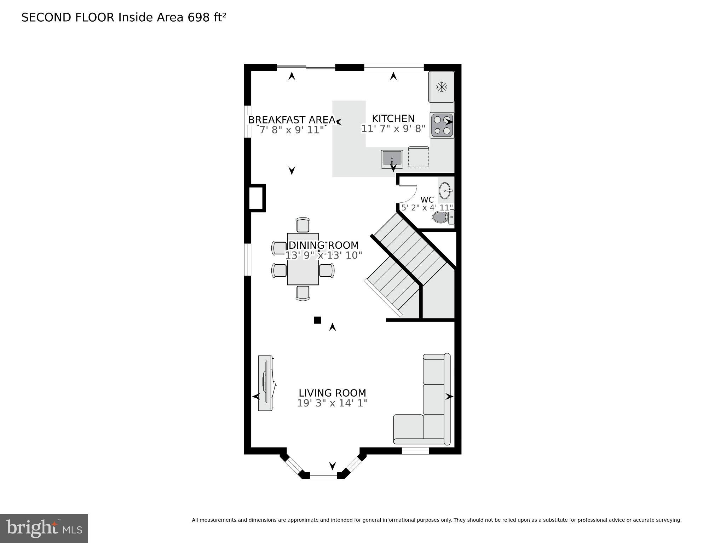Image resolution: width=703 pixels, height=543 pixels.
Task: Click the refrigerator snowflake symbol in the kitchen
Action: (441, 87)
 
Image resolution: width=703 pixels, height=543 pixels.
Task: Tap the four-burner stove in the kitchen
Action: (442, 125)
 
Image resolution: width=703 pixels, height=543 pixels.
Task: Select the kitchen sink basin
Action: (392, 158)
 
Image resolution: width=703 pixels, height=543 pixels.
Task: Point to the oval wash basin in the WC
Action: (445, 191)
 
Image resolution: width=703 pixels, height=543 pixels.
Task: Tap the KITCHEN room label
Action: (393, 119)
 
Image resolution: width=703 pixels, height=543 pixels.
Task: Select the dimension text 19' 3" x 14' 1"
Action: (332, 403)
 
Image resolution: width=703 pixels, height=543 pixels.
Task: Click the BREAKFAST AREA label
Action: (292, 120)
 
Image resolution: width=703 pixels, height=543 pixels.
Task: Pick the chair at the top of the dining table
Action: (302, 225)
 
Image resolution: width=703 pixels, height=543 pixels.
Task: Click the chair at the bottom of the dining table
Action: (303, 293)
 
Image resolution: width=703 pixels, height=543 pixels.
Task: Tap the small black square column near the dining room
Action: (317, 320)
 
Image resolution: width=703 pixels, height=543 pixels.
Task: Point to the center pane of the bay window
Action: (323, 475)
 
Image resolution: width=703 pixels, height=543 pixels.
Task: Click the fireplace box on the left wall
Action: (257, 198)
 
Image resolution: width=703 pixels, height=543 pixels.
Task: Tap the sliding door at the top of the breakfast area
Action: (306, 67)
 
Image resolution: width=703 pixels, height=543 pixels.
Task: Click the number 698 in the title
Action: (198, 17)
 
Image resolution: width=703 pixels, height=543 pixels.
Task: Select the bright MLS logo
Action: (44, 528)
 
